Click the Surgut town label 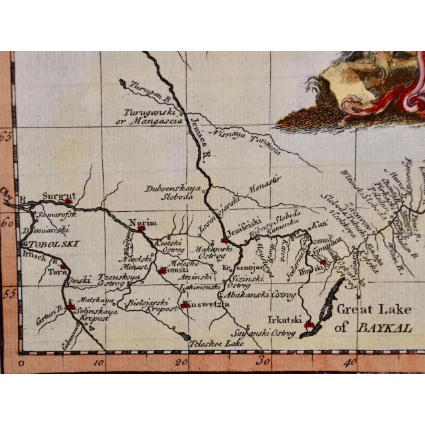tap(55, 197)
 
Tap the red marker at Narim tap(141, 229)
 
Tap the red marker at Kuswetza tap(184, 305)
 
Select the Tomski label tap(176, 271)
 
